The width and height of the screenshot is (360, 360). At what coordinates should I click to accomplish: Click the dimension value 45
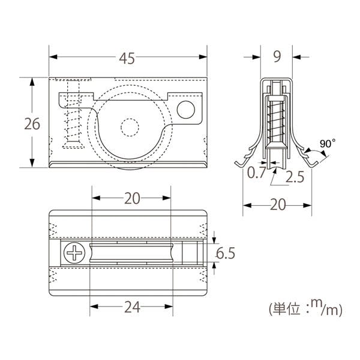point(127,58)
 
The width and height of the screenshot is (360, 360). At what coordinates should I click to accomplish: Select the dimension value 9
point(277,58)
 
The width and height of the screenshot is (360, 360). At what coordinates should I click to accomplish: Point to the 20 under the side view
point(277,206)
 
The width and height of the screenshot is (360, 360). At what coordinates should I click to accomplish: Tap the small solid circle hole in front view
point(186,109)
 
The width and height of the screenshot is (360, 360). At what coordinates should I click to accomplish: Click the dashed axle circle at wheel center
point(129,128)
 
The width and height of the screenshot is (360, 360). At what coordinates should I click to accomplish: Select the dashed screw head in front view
point(73,84)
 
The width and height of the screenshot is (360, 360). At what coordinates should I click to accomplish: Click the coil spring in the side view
point(277,117)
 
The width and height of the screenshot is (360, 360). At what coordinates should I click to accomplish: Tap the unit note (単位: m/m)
point(305,309)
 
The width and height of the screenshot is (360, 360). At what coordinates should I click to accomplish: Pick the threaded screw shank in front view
point(72,120)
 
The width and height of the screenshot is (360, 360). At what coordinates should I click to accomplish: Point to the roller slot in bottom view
point(131,253)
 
